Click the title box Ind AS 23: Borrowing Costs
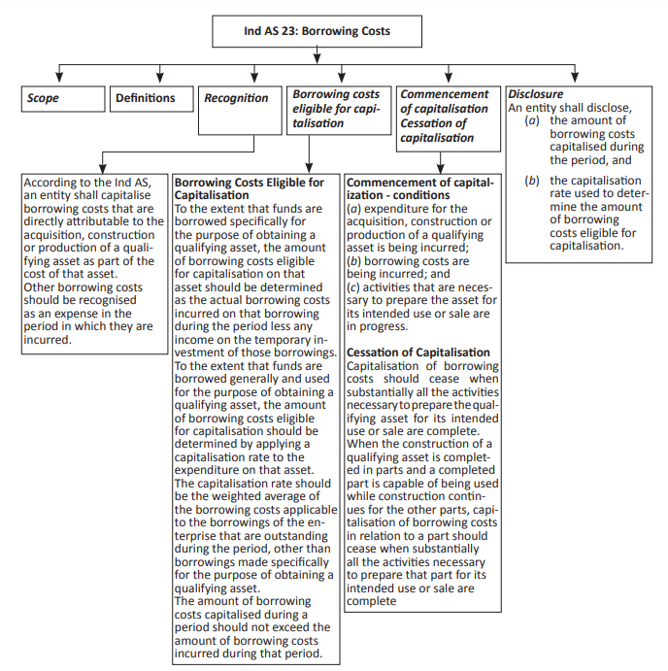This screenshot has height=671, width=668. (x=317, y=31)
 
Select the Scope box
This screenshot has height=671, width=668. (x=62, y=98)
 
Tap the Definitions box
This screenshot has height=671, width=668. (x=146, y=98)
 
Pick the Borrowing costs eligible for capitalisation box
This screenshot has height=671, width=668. (x=335, y=109)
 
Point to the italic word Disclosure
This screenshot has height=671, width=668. (x=536, y=94)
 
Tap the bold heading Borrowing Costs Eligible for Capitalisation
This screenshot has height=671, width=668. (x=249, y=188)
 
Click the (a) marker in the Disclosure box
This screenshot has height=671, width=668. (x=531, y=119)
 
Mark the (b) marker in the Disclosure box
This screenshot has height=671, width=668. (x=531, y=181)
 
